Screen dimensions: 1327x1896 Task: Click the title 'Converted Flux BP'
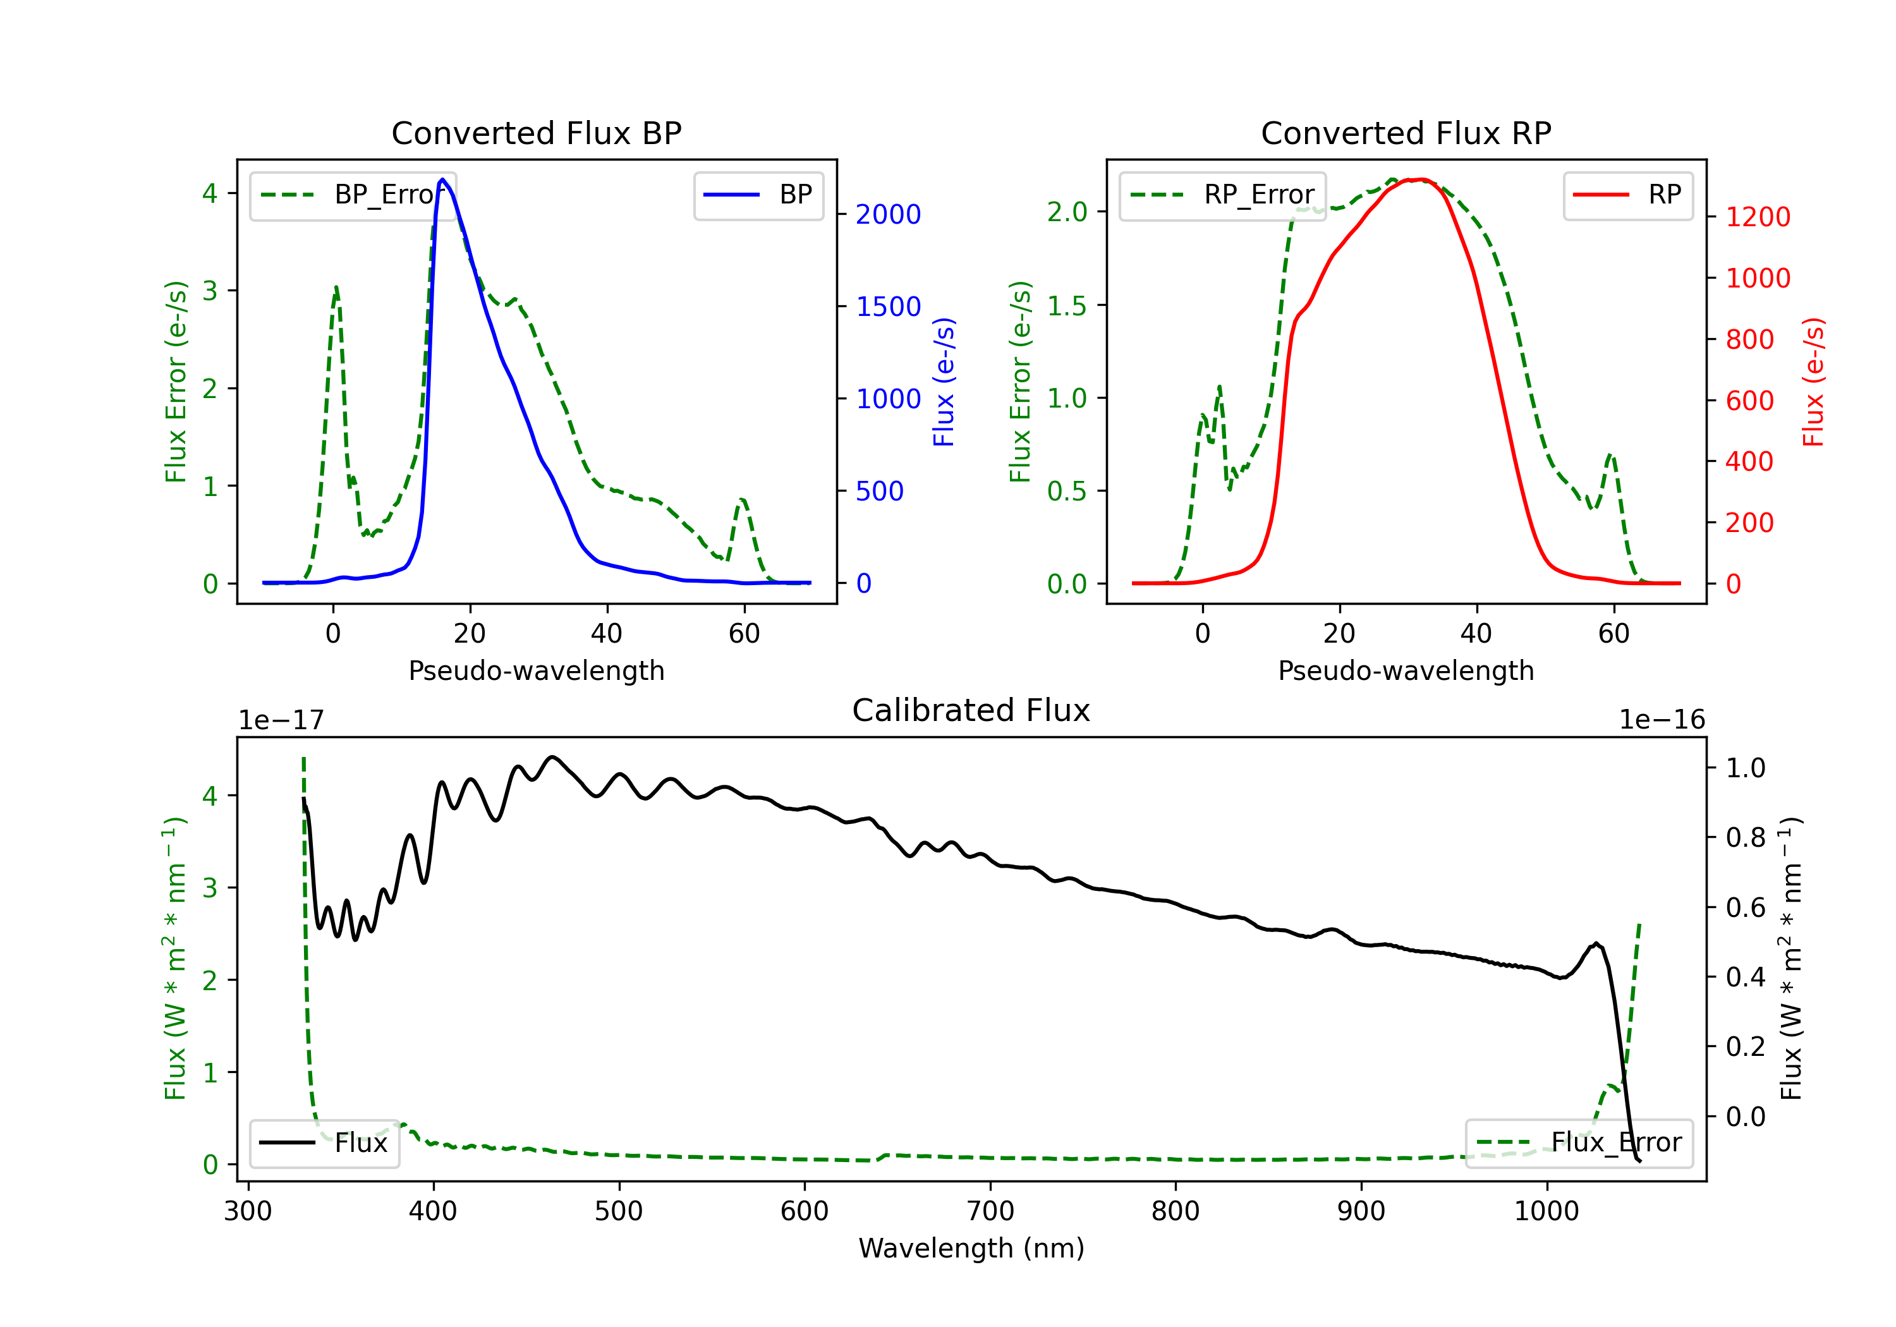click(x=536, y=133)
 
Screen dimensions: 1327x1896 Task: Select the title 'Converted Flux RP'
click(x=1406, y=133)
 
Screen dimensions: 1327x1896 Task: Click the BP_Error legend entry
click(x=353, y=195)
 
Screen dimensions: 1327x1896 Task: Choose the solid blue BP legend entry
click(x=758, y=195)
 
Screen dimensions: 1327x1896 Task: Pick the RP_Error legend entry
click(x=1222, y=195)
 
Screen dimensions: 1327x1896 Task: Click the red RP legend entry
click(x=1627, y=195)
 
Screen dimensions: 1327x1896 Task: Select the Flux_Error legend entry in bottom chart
click(x=1578, y=1143)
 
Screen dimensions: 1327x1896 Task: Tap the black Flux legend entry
click(x=324, y=1143)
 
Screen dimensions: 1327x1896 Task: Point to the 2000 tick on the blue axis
click(x=888, y=215)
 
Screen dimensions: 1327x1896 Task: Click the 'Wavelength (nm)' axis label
click(x=971, y=1248)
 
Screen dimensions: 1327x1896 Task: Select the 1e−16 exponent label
click(x=1662, y=720)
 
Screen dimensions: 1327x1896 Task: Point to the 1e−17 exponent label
click(x=281, y=720)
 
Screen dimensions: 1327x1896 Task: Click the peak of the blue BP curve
click(x=442, y=179)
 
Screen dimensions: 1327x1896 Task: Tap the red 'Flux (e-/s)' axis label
click(x=1813, y=382)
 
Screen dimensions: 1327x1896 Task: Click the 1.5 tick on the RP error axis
click(x=1067, y=306)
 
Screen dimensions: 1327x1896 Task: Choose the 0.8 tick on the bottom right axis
click(x=1745, y=838)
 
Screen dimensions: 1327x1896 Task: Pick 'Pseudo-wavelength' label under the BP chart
click(x=536, y=670)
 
